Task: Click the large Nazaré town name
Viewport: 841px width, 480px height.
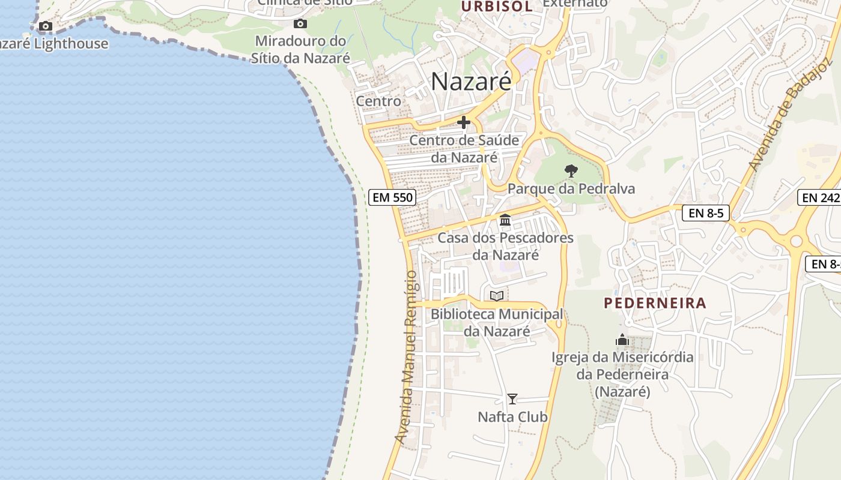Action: (472, 82)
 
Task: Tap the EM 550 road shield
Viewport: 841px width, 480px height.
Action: (392, 197)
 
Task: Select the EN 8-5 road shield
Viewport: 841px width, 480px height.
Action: (705, 212)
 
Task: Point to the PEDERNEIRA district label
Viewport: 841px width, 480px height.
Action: (655, 303)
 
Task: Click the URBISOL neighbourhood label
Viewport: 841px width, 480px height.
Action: (497, 7)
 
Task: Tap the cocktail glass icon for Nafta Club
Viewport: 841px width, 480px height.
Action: (512, 399)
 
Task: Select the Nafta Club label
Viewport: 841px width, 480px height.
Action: (512, 416)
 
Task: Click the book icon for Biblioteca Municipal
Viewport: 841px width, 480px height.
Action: (496, 296)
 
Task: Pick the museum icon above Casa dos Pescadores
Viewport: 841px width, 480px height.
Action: (505, 220)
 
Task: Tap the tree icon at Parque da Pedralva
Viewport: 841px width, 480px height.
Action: (571, 171)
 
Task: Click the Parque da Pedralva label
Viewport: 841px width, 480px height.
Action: (571, 189)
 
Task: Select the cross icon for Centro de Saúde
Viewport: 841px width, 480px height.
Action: (463, 122)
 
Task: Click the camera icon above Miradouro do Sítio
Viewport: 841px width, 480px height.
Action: (300, 24)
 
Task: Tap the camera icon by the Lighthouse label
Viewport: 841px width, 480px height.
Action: (45, 26)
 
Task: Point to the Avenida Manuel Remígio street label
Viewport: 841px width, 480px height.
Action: (406, 358)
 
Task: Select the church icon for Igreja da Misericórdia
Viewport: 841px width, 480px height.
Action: (622, 340)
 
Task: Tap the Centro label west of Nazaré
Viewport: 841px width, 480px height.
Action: (378, 101)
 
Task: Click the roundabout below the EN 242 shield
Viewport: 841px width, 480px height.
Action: (797, 241)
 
